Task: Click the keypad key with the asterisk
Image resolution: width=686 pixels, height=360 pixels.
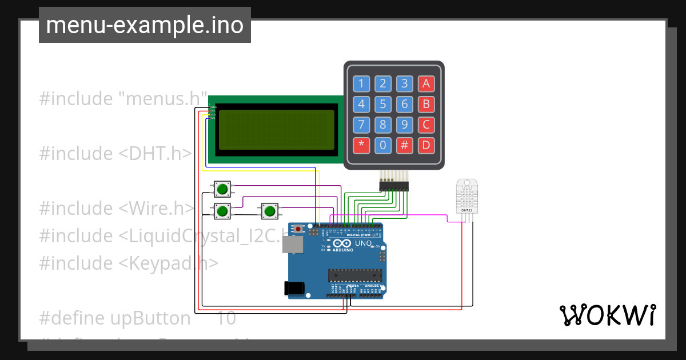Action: pos(361,145)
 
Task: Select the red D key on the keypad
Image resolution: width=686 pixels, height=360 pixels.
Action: pos(426,145)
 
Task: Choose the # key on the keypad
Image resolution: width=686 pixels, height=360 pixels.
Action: pos(404,145)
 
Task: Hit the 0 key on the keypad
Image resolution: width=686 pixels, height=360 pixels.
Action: pos(383,145)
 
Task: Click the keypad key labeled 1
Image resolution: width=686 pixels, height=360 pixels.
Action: pos(361,84)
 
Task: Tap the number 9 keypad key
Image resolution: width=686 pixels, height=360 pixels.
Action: pos(404,125)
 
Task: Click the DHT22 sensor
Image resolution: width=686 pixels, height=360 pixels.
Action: pos(467,195)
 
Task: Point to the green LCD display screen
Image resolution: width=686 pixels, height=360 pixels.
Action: pos(277,130)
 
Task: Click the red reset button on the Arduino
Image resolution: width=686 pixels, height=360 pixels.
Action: pos(298,229)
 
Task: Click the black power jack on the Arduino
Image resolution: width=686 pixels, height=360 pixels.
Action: pos(293,288)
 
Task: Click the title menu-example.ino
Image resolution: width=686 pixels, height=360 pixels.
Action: pos(145,25)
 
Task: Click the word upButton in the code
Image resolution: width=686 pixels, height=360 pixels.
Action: pos(150,318)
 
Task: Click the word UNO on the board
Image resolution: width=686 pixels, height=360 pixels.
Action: pos(364,243)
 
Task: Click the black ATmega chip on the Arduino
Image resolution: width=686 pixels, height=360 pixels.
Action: pos(354,275)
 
